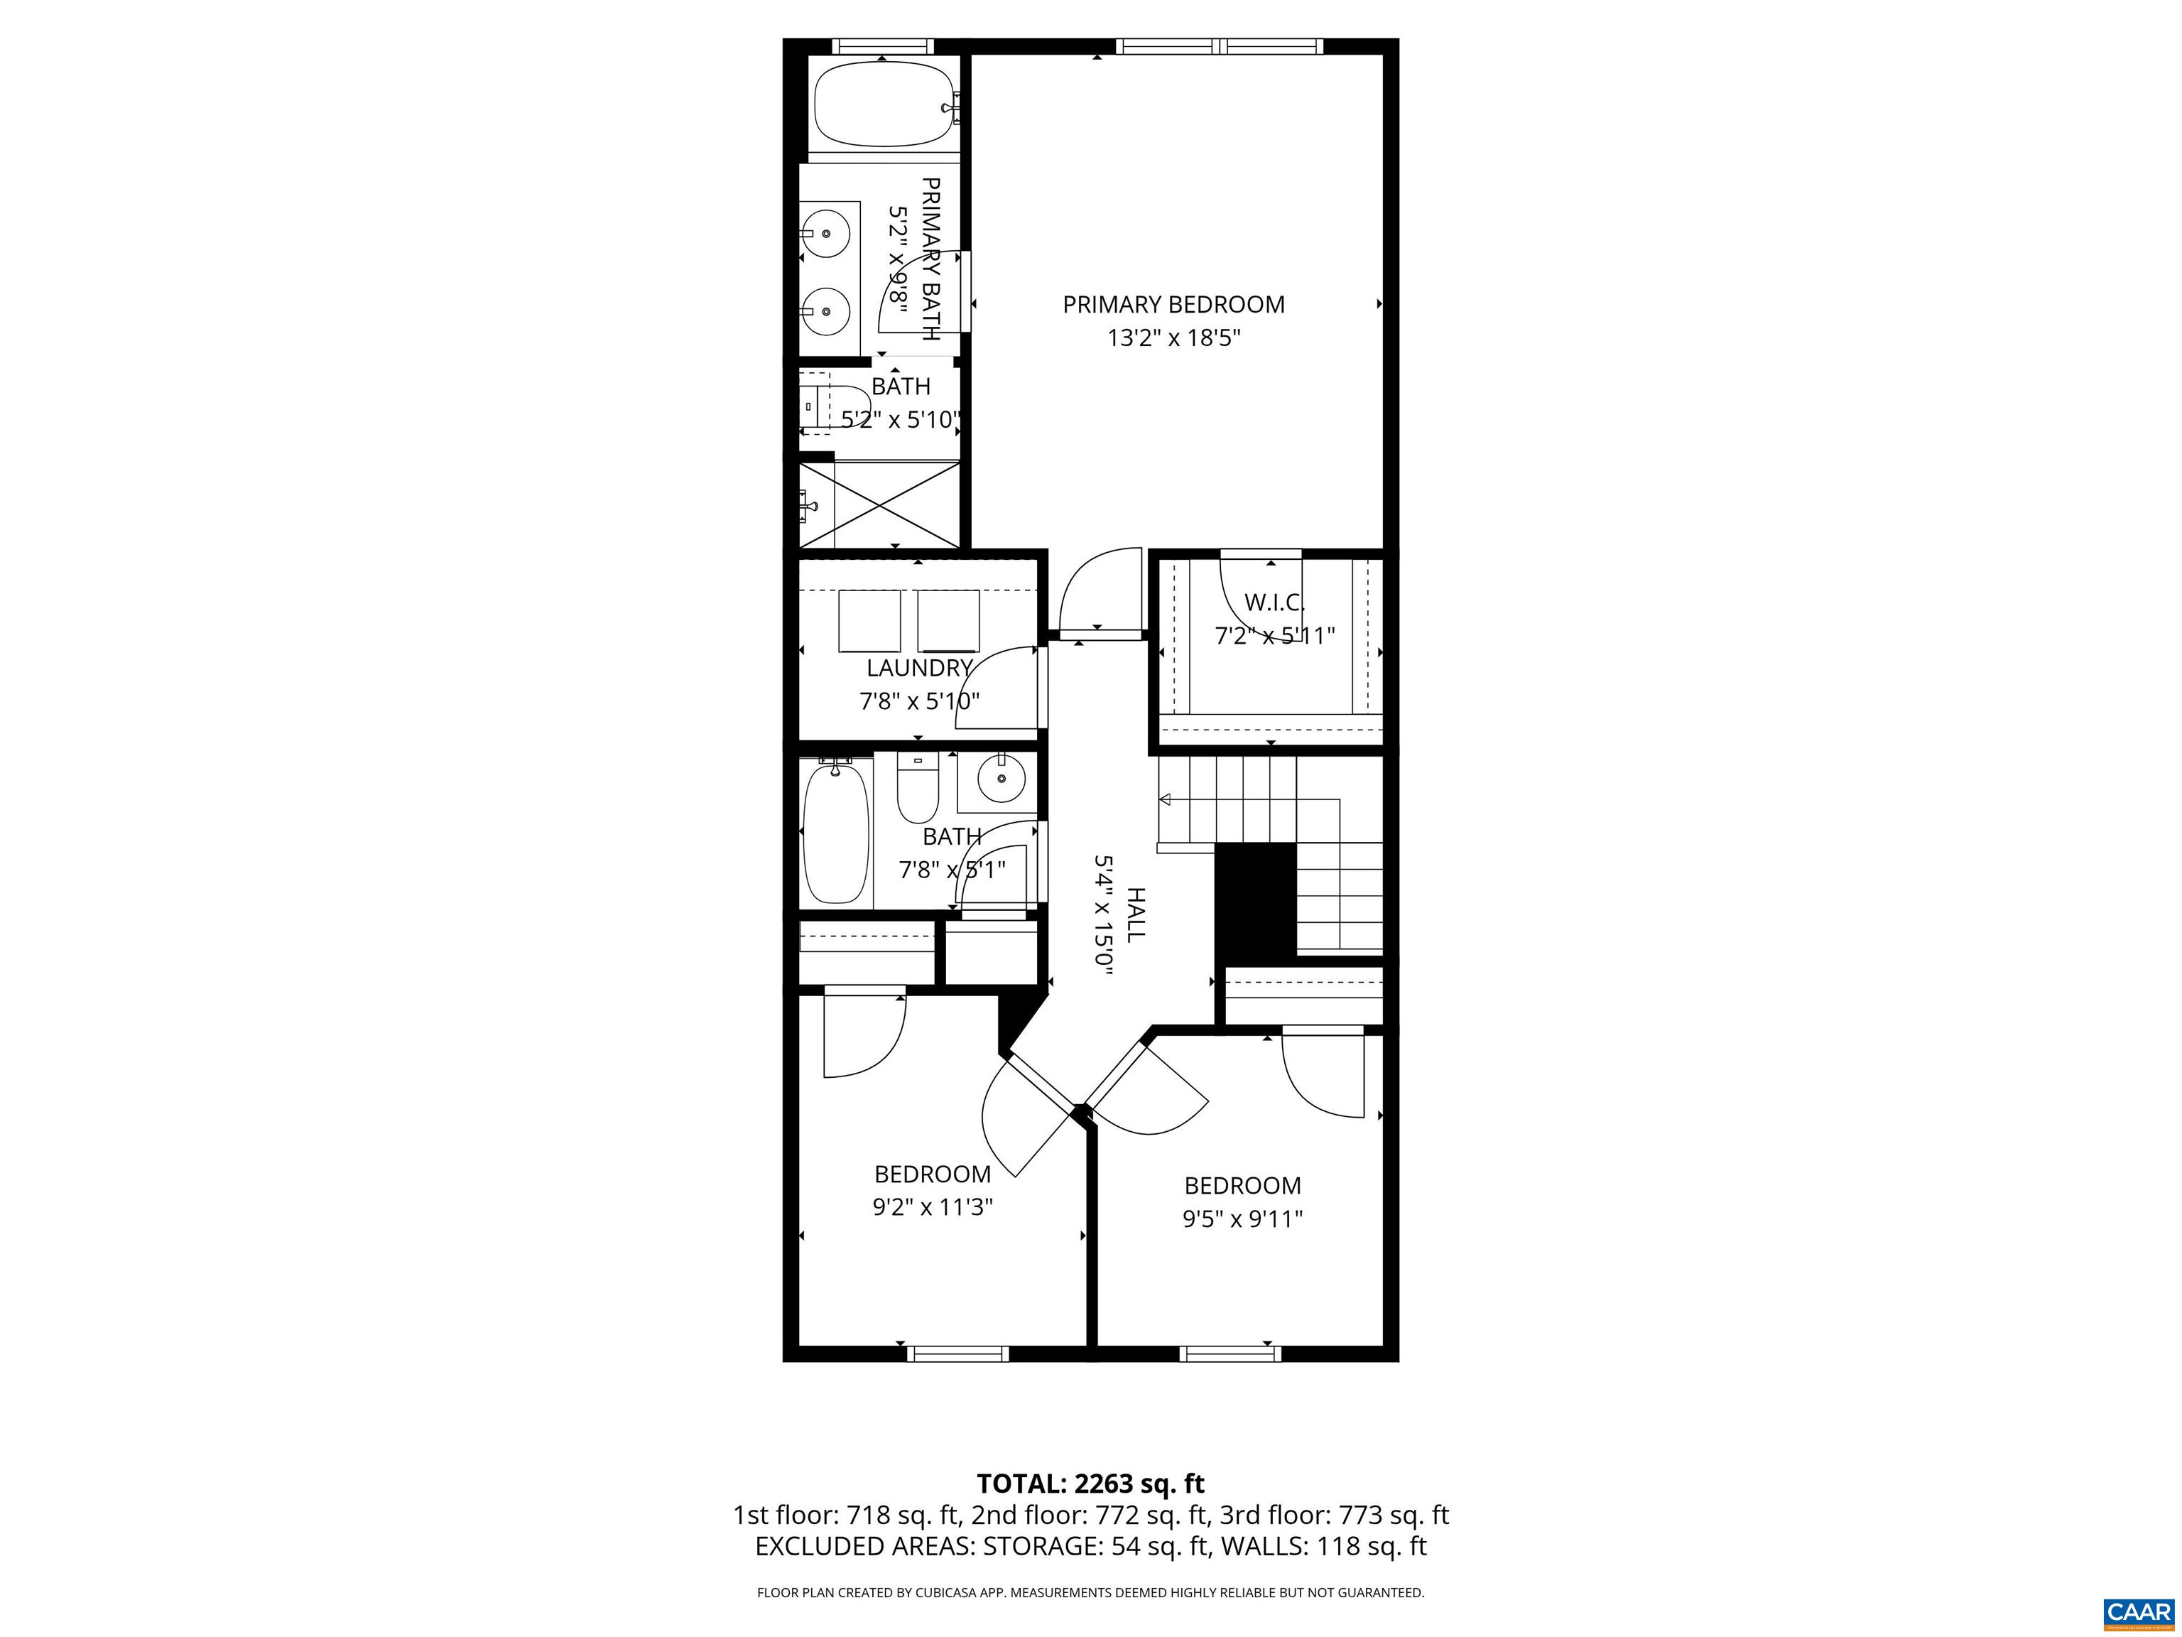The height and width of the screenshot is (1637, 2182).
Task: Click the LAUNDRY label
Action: coord(919,668)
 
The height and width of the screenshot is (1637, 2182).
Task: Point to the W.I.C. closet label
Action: coord(1274,602)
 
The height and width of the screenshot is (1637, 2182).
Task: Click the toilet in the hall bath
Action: coord(918,787)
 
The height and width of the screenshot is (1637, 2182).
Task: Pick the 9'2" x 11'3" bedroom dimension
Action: coord(932,1206)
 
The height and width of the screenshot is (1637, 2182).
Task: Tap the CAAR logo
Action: coord(2138,1612)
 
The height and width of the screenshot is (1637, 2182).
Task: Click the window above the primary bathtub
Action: coord(882,46)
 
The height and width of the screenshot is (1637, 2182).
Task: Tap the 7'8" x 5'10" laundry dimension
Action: coord(919,701)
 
